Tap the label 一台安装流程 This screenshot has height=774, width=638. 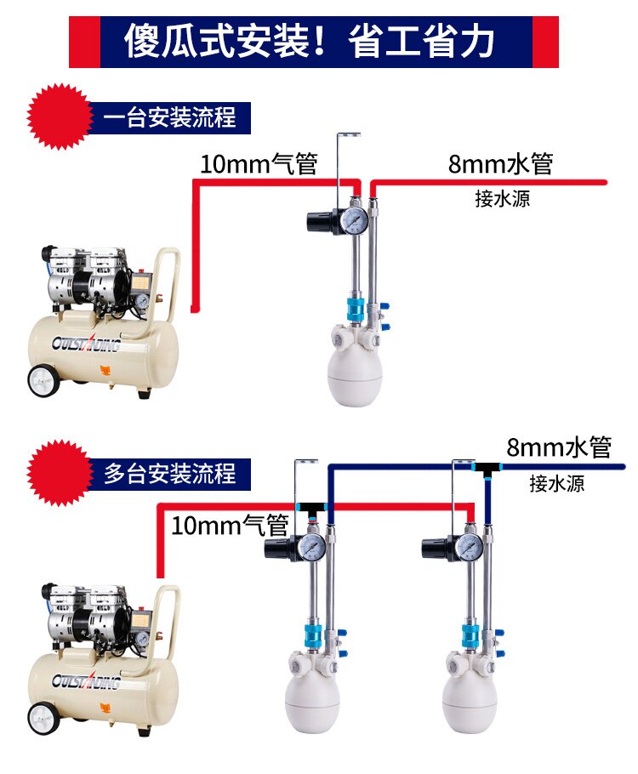coord(169,117)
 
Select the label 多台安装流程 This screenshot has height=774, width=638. coord(169,473)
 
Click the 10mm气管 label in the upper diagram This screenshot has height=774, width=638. coord(259,163)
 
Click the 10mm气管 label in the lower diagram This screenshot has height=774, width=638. coord(230,526)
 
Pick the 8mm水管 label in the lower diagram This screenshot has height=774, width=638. coord(559,447)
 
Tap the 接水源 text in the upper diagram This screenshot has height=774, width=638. coord(502,200)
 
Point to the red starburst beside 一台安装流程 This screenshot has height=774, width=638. coord(58,117)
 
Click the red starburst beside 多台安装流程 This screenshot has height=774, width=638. coord(58,473)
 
